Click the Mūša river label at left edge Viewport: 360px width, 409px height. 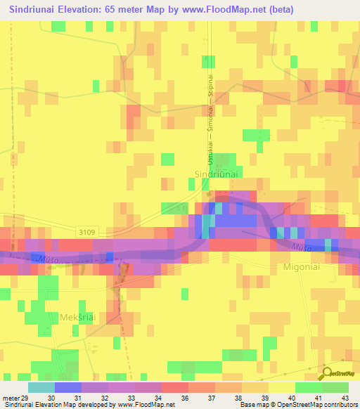point(49,260)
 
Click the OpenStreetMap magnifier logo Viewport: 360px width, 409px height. point(327,374)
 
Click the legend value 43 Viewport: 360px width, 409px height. point(335,398)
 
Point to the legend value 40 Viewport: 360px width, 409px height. point(282,398)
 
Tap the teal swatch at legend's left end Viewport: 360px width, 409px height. point(41,387)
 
